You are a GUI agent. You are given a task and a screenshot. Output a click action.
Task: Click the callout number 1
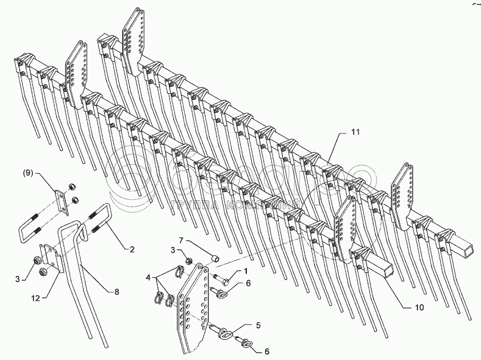[246, 270]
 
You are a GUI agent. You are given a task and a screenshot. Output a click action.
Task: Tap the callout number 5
[259, 325]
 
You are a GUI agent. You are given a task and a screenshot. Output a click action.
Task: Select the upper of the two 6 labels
[249, 283]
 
